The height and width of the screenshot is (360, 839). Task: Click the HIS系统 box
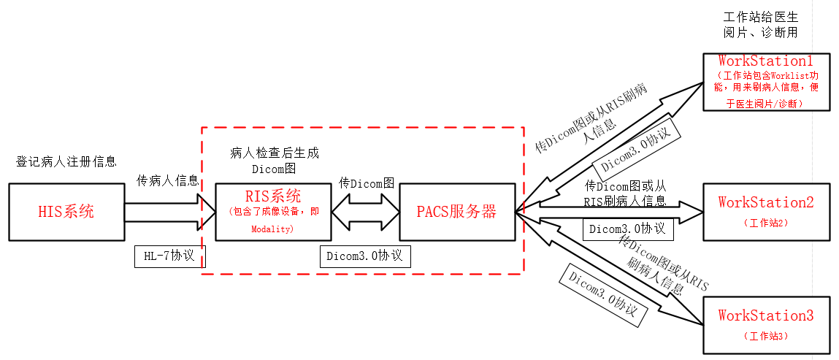coord(66,211)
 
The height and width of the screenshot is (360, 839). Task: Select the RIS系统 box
coord(272,211)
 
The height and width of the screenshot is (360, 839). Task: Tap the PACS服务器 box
coord(456,211)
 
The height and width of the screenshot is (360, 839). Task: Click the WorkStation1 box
coord(766,81)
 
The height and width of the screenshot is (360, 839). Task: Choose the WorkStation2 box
coord(766,211)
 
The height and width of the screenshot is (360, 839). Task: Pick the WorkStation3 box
coord(766,325)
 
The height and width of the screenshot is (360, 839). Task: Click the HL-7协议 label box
coord(170,256)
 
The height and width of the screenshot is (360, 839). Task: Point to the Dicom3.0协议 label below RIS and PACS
coord(365,256)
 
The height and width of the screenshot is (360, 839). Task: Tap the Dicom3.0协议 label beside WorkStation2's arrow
coord(627,229)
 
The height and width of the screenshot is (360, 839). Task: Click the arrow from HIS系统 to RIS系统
coord(170,211)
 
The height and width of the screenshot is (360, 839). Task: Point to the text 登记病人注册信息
coord(66,161)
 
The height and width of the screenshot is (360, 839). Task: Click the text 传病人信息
coord(168,180)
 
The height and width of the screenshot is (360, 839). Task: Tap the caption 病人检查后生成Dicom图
coord(274,161)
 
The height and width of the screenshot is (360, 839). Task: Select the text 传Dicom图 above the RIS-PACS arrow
coord(367,183)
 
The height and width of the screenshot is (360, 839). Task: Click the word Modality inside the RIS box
coord(272,229)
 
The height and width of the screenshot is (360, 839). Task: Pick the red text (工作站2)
coord(765,222)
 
